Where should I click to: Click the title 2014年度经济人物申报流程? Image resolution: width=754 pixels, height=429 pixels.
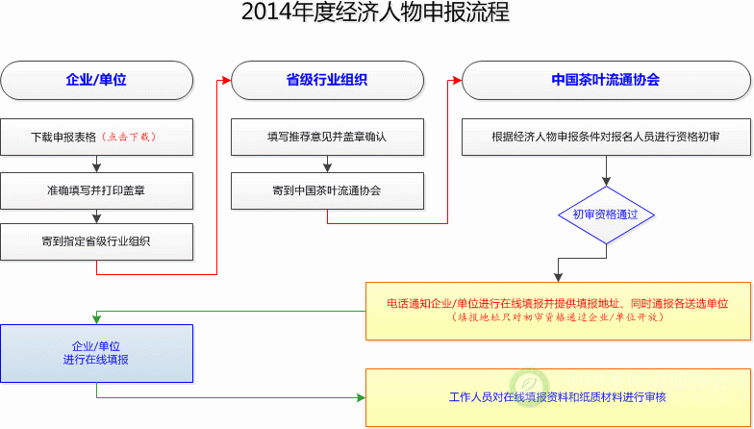[x=375, y=13]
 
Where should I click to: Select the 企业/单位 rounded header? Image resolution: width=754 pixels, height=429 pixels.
[x=96, y=80]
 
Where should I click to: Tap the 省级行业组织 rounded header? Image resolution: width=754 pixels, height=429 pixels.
[x=327, y=80]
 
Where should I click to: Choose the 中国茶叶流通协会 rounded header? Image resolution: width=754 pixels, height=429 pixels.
[x=606, y=80]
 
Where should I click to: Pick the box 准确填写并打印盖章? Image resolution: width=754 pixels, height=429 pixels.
[x=96, y=189]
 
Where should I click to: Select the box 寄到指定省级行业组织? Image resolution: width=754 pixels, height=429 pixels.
[x=96, y=241]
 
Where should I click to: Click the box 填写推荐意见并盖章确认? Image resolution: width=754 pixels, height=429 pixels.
[x=327, y=137]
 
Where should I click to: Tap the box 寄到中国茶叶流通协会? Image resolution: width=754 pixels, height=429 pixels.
[x=327, y=189]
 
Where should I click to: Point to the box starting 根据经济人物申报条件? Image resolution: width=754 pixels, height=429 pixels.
[x=606, y=137]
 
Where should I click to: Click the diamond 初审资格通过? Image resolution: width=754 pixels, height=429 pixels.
[x=606, y=214]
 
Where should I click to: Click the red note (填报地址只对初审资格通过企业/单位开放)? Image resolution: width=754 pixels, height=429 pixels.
[x=558, y=317]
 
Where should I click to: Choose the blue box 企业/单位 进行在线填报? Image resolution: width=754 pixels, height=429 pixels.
[x=96, y=352]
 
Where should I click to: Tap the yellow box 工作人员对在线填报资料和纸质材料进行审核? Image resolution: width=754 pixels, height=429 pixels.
[x=558, y=397]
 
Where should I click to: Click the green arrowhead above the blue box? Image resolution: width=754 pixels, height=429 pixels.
[x=96, y=318]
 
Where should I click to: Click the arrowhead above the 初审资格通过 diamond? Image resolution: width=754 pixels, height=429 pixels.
[x=606, y=181]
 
